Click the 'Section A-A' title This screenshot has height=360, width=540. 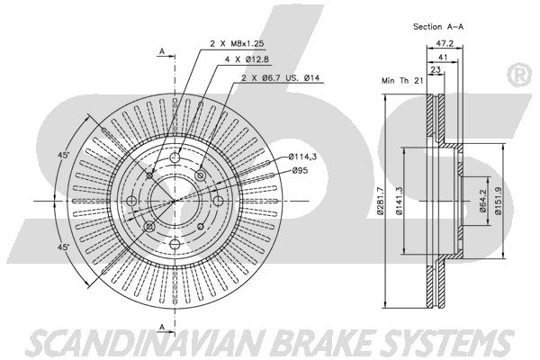[x=439, y=27]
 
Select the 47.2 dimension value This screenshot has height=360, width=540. [x=444, y=42]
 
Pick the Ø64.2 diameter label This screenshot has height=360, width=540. [x=482, y=200]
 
